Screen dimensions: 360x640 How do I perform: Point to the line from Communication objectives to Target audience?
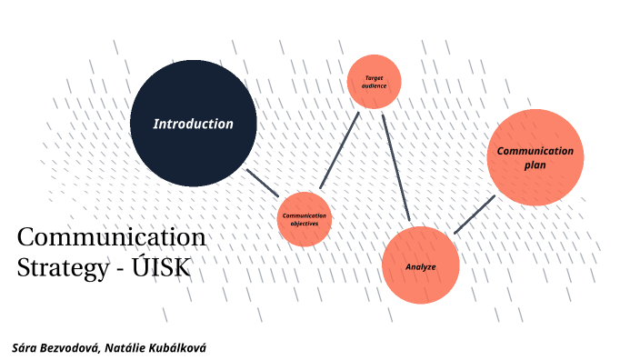340,151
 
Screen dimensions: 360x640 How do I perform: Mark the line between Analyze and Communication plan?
475,215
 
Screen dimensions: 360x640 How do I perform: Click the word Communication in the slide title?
112,238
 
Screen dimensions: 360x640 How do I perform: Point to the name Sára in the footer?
25,348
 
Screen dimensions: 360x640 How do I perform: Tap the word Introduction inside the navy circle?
193,124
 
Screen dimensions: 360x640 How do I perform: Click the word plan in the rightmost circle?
535,165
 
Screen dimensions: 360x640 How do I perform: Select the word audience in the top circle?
374,85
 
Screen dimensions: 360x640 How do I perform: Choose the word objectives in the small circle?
305,224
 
